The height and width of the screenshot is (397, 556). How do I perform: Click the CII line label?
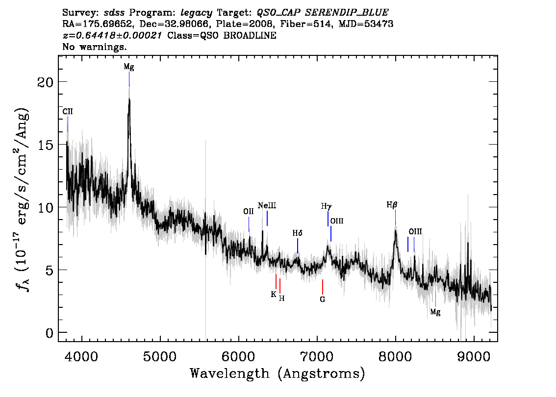68,111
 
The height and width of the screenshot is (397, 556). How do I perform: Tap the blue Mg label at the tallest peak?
129,67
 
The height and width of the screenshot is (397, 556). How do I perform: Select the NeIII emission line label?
267,205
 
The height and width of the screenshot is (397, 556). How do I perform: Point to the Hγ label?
326,206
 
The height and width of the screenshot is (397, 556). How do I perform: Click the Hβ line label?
392,204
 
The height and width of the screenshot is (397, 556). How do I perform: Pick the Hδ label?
297,233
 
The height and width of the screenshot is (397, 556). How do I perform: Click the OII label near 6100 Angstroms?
249,211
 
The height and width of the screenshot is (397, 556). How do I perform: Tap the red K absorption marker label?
273,294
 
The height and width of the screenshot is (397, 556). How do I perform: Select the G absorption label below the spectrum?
322,299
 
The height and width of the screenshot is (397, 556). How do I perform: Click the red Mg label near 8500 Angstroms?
435,312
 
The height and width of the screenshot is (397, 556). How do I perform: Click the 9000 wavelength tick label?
473,356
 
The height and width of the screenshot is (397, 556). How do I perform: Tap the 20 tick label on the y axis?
45,82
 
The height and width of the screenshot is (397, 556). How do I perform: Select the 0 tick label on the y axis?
50,333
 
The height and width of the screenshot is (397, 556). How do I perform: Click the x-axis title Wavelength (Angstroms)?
278,373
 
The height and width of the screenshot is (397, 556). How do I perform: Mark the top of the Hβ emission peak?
395,231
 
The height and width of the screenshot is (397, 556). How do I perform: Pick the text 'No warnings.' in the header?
94,47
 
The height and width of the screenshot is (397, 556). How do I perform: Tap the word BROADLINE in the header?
250,35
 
